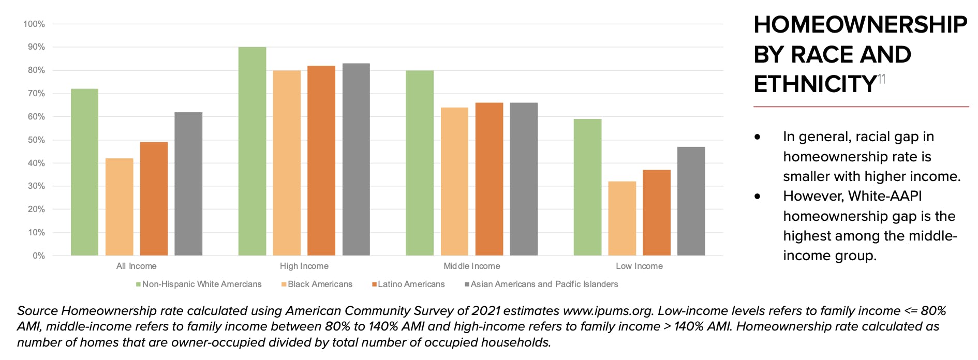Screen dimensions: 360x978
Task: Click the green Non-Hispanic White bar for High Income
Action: coord(252,151)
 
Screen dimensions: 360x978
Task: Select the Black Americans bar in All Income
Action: coord(119,207)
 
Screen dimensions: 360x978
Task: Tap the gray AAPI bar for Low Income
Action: coord(691,201)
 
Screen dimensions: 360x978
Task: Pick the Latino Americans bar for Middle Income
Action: coord(489,179)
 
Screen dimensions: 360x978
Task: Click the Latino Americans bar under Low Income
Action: coord(656,213)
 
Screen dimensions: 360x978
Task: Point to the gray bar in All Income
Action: coord(188,184)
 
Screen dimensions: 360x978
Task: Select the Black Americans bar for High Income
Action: coord(287,163)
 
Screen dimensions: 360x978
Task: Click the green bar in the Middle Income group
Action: coord(420,163)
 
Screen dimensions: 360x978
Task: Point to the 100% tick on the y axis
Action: coord(34,24)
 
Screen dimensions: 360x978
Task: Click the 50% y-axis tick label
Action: coord(36,140)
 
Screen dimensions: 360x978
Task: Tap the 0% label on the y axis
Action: coord(39,256)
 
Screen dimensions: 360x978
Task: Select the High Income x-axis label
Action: coord(304,266)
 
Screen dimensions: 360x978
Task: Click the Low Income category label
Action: coord(639,266)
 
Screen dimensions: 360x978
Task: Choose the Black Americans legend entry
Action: coord(317,284)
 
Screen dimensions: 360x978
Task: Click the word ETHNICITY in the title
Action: coord(815,84)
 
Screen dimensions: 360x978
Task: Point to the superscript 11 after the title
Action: coord(882,79)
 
